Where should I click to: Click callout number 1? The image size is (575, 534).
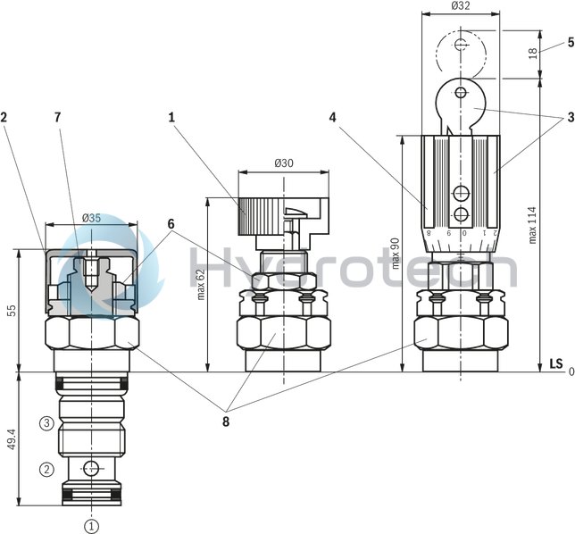tap(172, 116)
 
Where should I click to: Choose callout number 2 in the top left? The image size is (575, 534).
tap(4, 116)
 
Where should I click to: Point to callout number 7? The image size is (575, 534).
tap(57, 116)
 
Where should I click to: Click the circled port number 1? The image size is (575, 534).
tap(90, 525)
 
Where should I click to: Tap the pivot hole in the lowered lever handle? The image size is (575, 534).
tap(460, 92)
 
